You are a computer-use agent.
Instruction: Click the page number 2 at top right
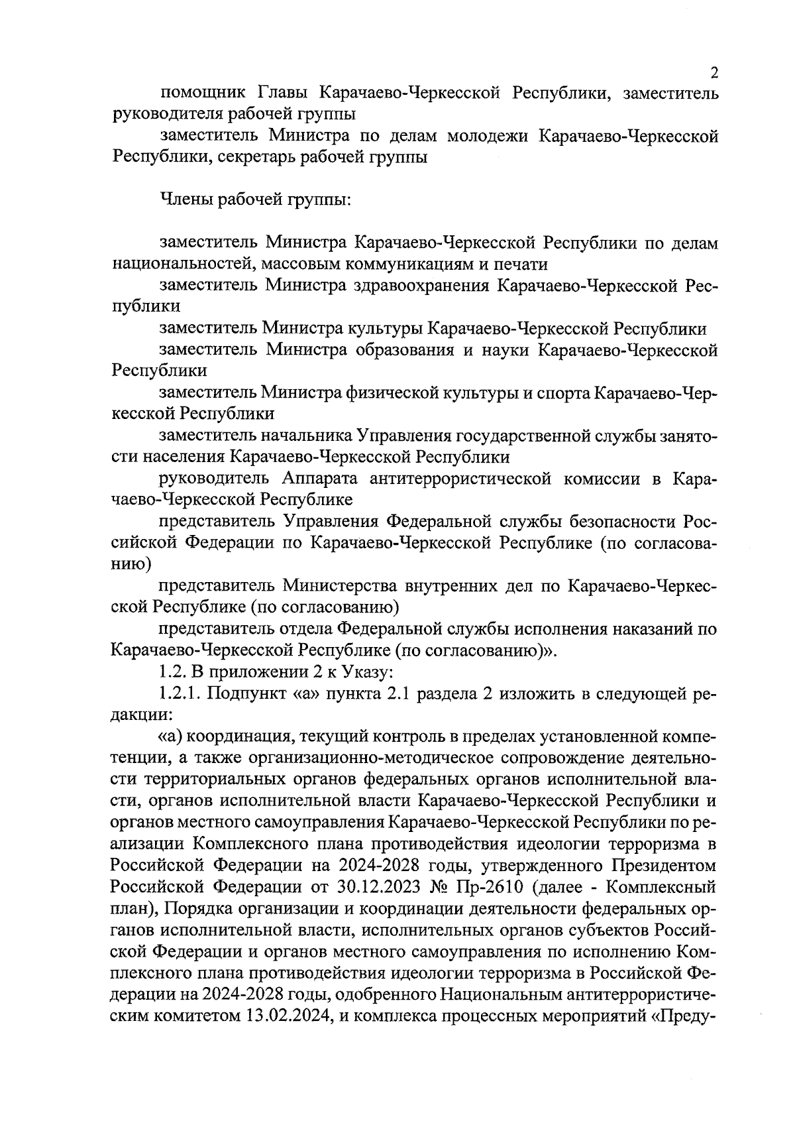(x=714, y=73)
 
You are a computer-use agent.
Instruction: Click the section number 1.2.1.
(x=180, y=693)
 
